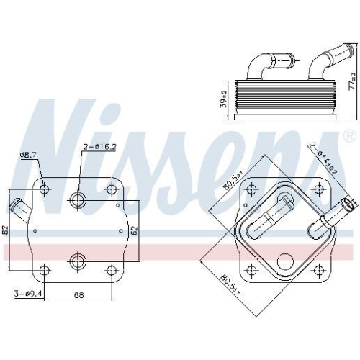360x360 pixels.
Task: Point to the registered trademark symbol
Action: coord(349,135)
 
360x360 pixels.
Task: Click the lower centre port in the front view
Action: coord(78,260)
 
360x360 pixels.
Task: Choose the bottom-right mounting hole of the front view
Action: coord(110,271)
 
